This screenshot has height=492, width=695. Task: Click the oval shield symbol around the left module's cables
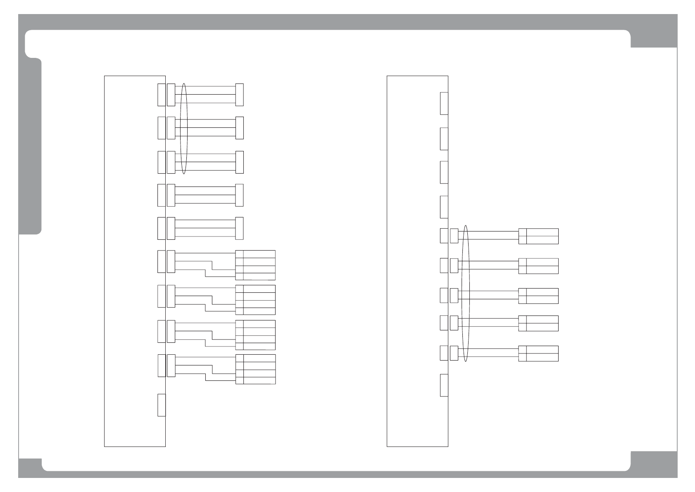click(184, 128)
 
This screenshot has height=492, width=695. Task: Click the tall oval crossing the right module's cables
click(466, 294)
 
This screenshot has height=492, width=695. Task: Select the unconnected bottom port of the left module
click(162, 405)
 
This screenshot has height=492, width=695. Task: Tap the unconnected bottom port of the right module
click(444, 385)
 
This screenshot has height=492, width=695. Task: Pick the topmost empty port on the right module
click(444, 103)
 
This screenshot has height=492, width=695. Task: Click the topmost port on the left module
click(162, 95)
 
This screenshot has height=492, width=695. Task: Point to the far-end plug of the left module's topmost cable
click(239, 95)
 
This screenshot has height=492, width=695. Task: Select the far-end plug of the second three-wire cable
click(239, 128)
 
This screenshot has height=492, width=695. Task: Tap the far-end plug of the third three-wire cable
click(239, 162)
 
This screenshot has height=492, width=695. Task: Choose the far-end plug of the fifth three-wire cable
click(239, 228)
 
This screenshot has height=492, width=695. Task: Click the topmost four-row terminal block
click(255, 265)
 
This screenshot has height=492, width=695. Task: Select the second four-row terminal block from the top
click(255, 300)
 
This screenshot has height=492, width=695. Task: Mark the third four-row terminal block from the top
click(255, 335)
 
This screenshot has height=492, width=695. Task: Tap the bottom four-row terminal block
click(255, 369)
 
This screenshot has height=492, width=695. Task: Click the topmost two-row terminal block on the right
click(538, 236)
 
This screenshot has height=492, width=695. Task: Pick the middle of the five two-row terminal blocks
click(538, 296)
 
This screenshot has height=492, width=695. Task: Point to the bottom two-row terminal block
click(538, 353)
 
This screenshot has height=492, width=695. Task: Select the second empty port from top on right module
click(444, 139)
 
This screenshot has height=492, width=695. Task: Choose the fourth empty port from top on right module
click(444, 207)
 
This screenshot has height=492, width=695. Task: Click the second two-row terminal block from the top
click(538, 266)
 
